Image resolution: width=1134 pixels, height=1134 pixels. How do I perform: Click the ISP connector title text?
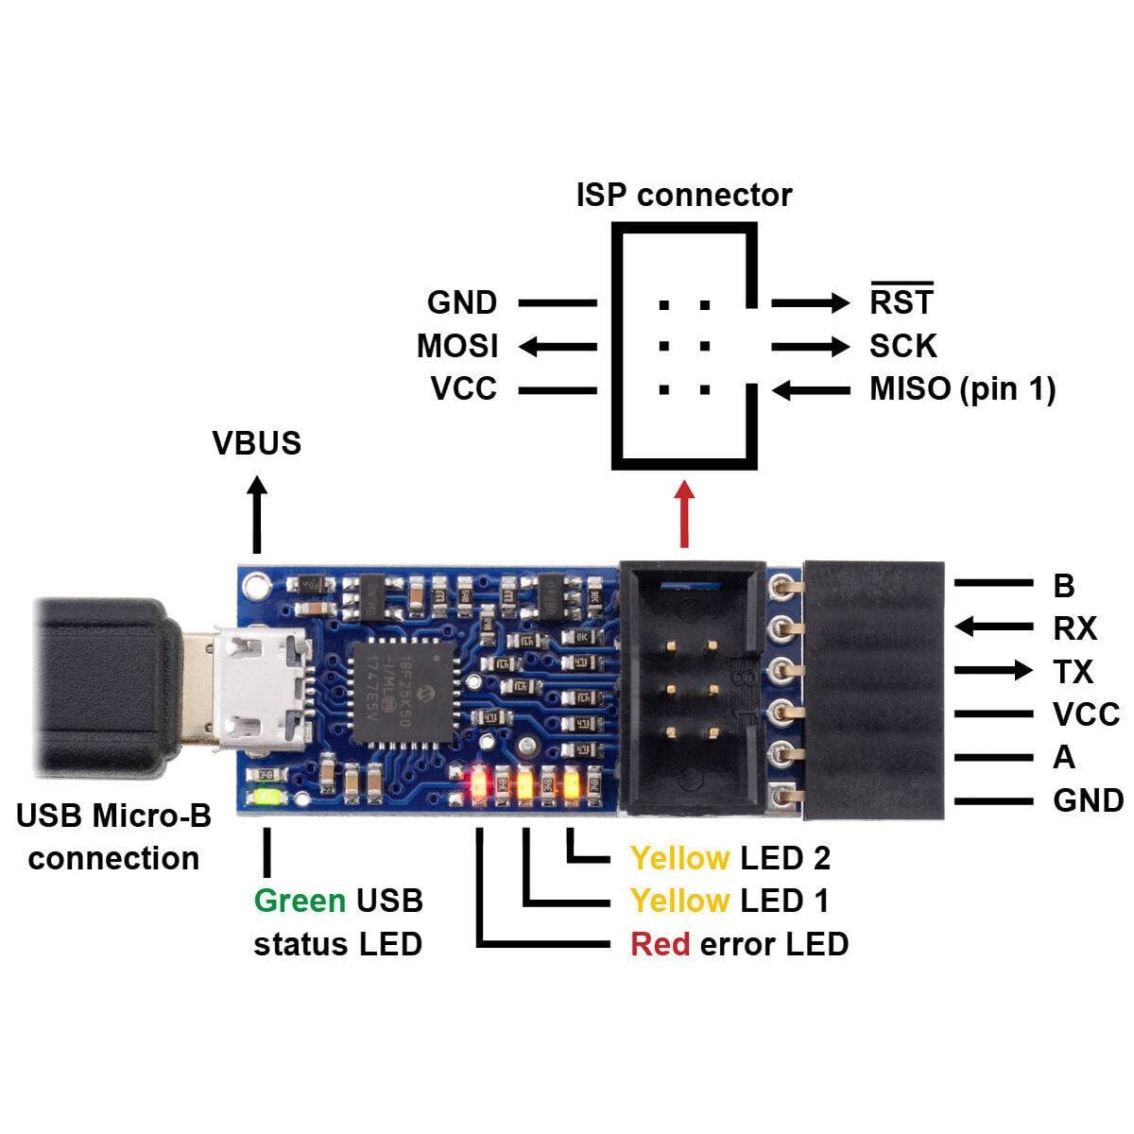[683, 195]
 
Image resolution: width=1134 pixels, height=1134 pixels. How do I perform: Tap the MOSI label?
[457, 346]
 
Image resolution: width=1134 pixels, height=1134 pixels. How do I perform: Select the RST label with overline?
[901, 301]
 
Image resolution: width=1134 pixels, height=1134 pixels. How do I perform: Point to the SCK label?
[902, 346]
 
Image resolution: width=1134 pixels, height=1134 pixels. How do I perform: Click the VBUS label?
[256, 442]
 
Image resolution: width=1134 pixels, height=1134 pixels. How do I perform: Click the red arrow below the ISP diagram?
[685, 515]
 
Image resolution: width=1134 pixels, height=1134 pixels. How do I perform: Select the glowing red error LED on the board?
[479, 783]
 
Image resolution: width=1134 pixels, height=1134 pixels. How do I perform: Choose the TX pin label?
[1073, 672]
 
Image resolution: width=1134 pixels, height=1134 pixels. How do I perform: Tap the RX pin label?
[1074, 628]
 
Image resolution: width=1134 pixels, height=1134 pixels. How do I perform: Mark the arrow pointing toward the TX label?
[993, 671]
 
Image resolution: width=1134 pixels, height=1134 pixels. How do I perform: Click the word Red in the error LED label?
[660, 943]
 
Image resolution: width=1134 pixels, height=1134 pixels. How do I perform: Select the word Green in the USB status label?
[300, 900]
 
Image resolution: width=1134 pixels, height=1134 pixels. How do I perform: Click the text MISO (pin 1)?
[962, 388]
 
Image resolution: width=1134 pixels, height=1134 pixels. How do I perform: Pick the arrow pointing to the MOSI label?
[558, 347]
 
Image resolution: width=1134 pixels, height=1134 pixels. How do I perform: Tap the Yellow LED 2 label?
[730, 857]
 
